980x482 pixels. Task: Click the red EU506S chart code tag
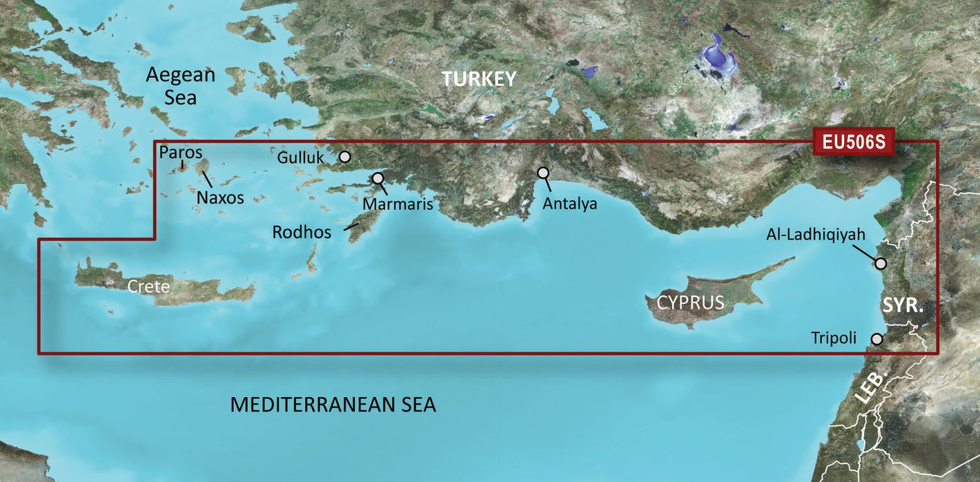(853, 142)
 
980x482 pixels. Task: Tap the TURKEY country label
(479, 79)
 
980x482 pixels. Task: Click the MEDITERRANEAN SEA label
(333, 405)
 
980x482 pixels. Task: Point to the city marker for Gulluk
(344, 157)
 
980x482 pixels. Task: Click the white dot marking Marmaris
(378, 178)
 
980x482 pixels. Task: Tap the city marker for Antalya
(543, 173)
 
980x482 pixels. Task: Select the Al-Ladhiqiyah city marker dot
(881, 263)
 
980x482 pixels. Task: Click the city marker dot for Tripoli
(876, 339)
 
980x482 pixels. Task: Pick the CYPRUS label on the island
(690, 302)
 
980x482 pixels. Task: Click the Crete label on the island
(148, 285)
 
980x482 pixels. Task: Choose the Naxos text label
(220, 197)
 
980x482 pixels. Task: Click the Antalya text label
(569, 204)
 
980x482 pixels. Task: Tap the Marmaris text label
(398, 204)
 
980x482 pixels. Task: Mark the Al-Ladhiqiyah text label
(815, 235)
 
